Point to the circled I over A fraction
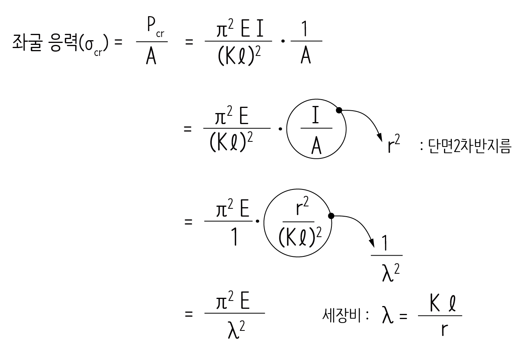click(316, 128)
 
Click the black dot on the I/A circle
click(338, 110)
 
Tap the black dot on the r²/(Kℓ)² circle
click(331, 216)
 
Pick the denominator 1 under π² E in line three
click(235, 238)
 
